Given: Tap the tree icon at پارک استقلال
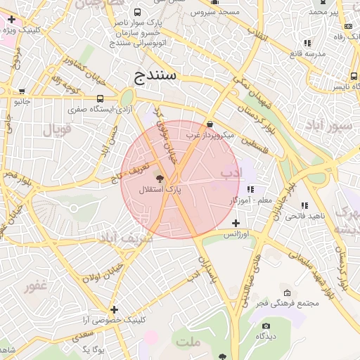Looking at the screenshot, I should tap(159, 179).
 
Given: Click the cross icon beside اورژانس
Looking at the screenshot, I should tap(236, 223).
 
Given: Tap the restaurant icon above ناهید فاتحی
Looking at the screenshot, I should tap(304, 205).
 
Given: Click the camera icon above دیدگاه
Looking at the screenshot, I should tap(266, 326).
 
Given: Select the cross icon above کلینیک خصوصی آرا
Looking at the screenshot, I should tap(114, 309).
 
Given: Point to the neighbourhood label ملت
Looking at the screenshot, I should tap(188, 342).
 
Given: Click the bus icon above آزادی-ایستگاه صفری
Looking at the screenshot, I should tap(100, 99).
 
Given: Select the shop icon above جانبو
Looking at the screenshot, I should tap(22, 91).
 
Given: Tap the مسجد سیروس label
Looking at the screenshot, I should tap(219, 12).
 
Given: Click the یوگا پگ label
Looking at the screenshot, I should tap(93, 349).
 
